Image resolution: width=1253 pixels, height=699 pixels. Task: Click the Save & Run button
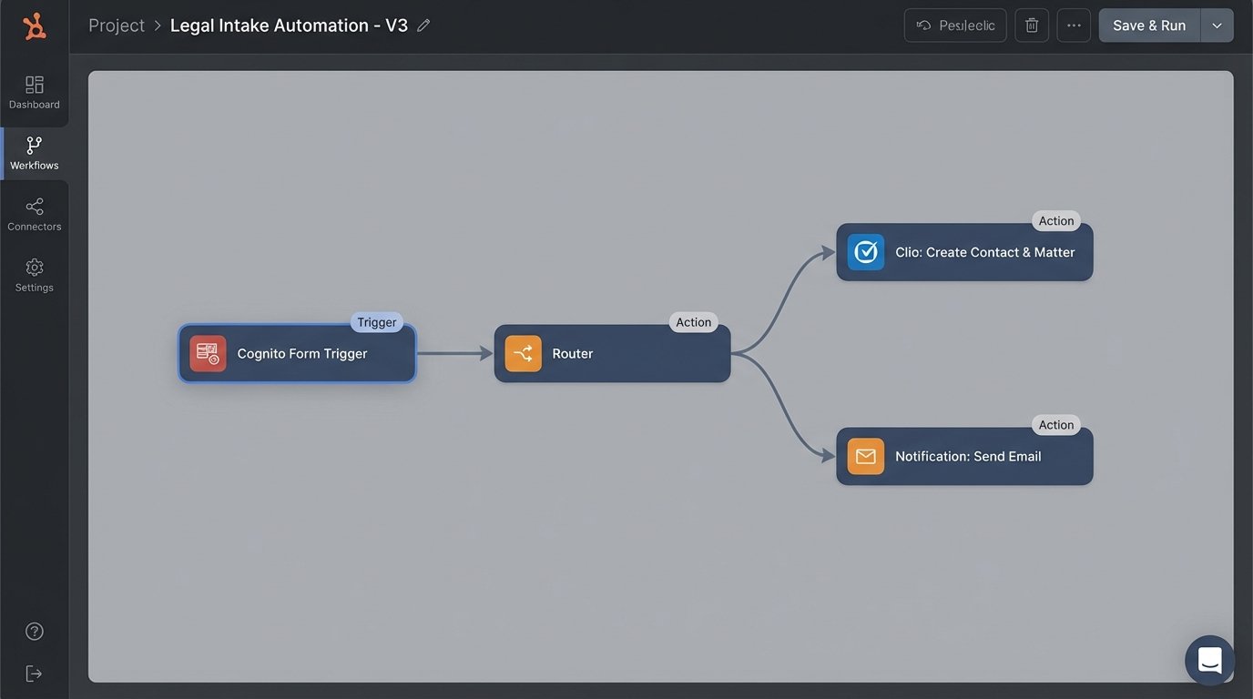1149,25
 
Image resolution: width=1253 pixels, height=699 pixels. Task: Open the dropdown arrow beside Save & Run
1217,25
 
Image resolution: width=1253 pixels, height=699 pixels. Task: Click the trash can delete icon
1032,25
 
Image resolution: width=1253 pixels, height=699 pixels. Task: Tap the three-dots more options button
1074,25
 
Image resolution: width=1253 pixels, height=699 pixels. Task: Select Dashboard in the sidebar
35,92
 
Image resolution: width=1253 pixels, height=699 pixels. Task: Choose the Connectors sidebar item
35,214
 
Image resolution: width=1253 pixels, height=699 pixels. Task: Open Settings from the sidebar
35,275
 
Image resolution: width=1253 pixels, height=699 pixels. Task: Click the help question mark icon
35,632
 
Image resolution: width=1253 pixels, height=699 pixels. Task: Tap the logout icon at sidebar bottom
35,674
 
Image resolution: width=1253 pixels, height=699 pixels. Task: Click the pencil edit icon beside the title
423,25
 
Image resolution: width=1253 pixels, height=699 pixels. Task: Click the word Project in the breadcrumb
117,25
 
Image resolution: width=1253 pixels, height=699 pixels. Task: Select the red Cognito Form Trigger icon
208,354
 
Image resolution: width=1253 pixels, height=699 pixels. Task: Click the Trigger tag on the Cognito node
377,322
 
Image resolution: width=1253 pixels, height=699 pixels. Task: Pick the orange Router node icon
523,354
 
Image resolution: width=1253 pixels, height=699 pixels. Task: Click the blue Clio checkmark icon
865,252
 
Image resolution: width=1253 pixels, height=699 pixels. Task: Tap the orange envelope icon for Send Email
865,456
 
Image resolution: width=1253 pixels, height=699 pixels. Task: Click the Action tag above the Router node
693,322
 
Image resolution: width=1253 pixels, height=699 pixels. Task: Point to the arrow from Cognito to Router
454,353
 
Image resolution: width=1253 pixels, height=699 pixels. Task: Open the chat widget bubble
1209,660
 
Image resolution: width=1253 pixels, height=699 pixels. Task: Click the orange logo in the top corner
35,26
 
